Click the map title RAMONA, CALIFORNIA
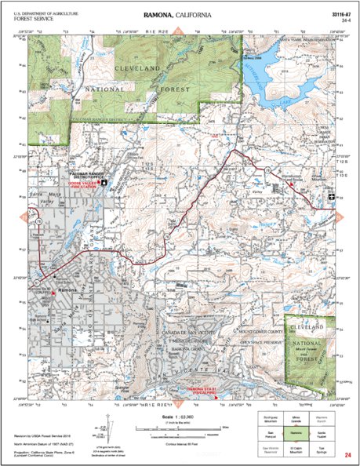pos(180,16)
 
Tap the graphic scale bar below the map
pos(180,430)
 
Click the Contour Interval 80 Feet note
pos(180,443)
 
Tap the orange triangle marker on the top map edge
pos(180,31)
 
